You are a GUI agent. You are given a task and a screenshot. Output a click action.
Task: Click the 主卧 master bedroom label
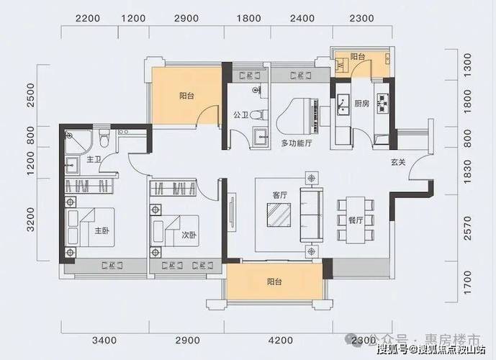101,232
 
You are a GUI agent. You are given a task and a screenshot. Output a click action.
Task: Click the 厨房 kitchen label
362,103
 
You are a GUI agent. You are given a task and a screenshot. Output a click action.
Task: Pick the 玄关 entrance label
398,162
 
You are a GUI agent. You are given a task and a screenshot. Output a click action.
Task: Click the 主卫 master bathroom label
93,158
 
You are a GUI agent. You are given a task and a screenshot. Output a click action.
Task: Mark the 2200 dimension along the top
86,17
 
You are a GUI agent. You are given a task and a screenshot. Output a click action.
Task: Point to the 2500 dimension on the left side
31,95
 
